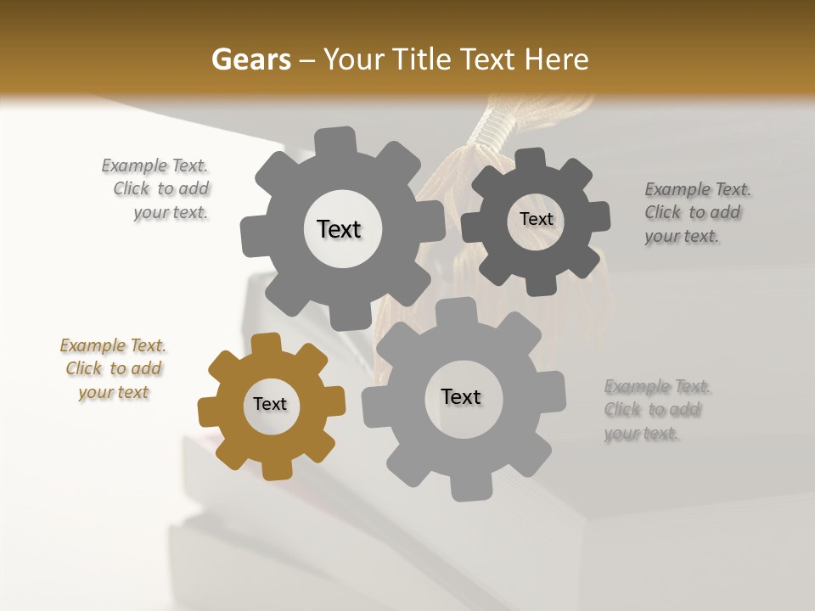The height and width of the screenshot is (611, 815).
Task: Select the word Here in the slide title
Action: [557, 59]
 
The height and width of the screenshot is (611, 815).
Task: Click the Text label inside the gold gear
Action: [270, 405]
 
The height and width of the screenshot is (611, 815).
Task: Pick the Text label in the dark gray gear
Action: [536, 219]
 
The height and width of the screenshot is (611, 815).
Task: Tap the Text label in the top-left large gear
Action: [339, 229]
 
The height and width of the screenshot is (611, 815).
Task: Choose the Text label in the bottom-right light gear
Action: [461, 396]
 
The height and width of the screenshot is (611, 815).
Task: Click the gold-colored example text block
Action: [114, 369]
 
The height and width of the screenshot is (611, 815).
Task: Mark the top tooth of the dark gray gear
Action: [531, 159]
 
